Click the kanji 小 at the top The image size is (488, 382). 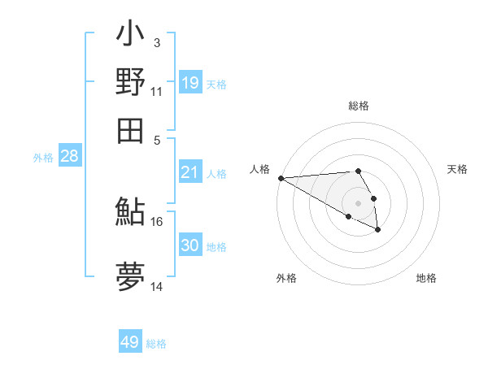click(x=130, y=37)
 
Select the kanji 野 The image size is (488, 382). click(x=130, y=83)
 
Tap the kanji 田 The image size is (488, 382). click(x=130, y=130)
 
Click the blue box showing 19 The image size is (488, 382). click(x=190, y=82)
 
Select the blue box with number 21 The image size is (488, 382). click(x=190, y=172)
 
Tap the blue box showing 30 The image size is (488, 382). click(x=190, y=245)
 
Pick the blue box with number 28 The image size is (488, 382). click(x=70, y=157)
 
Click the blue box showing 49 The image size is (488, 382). click(x=130, y=342)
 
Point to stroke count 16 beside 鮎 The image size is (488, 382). click(x=157, y=221)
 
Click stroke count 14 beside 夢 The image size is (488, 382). click(x=157, y=287)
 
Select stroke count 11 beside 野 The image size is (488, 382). click(x=157, y=91)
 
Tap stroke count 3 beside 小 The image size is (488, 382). click(x=157, y=42)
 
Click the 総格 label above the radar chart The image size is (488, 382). click(x=358, y=106)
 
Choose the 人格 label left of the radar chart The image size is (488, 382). click(x=259, y=169)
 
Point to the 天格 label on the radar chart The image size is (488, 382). click(x=457, y=169)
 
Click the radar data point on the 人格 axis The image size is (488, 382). click(x=281, y=178)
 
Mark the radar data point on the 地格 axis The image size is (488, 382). click(x=378, y=231)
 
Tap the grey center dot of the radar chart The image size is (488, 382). click(x=358, y=203)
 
